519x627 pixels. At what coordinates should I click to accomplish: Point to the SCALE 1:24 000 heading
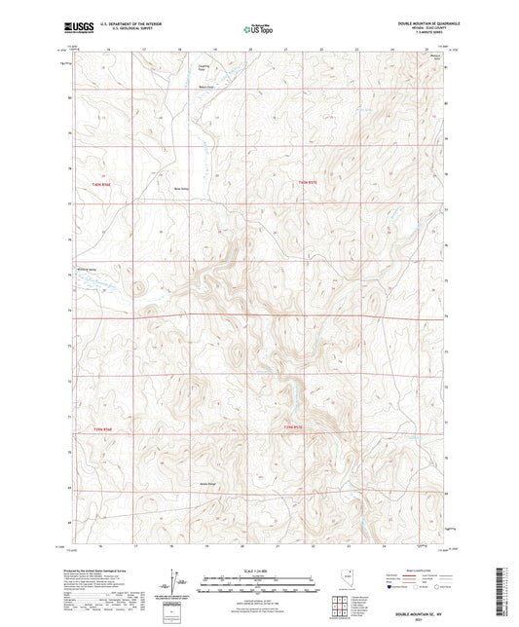(258, 570)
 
